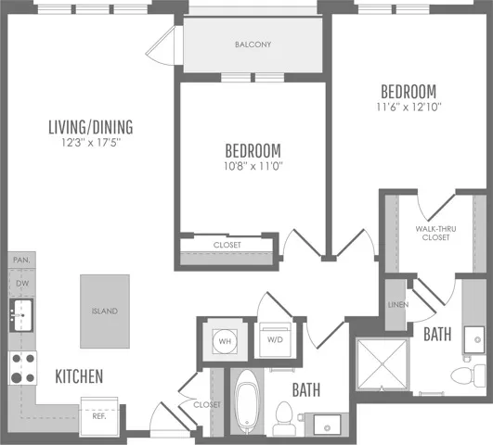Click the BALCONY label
click(x=253, y=44)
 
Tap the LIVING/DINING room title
click(x=91, y=127)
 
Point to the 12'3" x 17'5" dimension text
click(x=91, y=143)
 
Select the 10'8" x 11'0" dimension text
click(x=253, y=166)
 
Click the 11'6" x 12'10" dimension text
click(x=409, y=108)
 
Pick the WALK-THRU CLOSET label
click(x=435, y=233)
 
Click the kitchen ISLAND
click(x=105, y=311)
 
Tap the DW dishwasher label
click(x=22, y=284)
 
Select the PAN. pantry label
click(x=21, y=260)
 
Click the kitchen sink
click(x=21, y=315)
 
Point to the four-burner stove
click(x=22, y=368)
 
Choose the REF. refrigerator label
click(x=99, y=416)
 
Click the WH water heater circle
click(x=225, y=341)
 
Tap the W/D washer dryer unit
click(x=275, y=340)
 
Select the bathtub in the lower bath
click(x=247, y=401)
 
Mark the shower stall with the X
click(x=382, y=364)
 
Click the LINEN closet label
click(x=398, y=305)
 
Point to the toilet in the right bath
click(x=468, y=375)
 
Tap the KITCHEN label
click(x=79, y=376)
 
